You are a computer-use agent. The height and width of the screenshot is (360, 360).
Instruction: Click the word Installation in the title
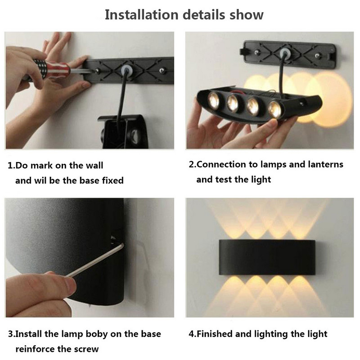point(141,15)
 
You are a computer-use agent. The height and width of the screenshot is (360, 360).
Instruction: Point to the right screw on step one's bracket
point(162,70)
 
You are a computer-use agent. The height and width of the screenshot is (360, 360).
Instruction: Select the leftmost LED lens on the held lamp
point(214,100)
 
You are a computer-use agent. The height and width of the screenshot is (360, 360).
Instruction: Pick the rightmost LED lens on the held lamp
point(275,109)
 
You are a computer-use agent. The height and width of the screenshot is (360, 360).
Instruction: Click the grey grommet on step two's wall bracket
point(285,54)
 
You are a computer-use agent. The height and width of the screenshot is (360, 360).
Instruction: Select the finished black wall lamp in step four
point(267,257)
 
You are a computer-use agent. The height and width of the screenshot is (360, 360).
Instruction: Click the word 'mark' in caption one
point(41,166)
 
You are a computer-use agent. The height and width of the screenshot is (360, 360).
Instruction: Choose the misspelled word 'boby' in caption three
point(97,334)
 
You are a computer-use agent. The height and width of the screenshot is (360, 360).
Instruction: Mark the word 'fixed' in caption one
point(113,180)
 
